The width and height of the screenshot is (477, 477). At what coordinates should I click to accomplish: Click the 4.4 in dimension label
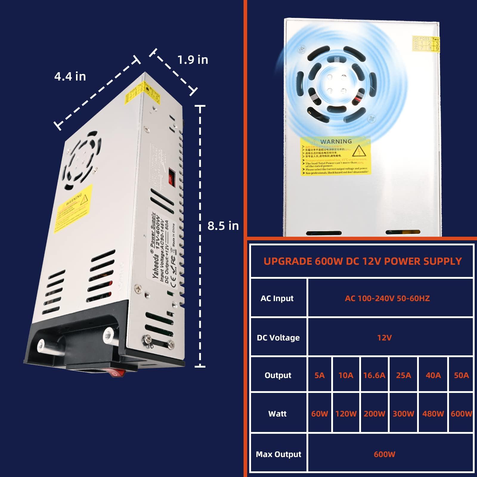pyautogui.click(x=70, y=77)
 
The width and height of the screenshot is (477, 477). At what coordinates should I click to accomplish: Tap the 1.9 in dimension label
pyautogui.click(x=193, y=60)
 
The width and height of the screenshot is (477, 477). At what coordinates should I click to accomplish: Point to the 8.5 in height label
pyautogui.click(x=223, y=226)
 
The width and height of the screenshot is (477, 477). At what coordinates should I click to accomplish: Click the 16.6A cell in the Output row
pyautogui.click(x=374, y=375)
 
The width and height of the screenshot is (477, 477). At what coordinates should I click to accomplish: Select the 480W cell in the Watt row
pyautogui.click(x=433, y=413)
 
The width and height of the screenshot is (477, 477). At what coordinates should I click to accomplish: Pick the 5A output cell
pyautogui.click(x=319, y=375)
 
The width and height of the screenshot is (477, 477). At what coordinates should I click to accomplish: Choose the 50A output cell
pyautogui.click(x=461, y=375)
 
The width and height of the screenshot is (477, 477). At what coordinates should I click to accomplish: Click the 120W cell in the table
pyautogui.click(x=346, y=413)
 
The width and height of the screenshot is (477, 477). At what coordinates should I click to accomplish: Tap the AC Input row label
pyautogui.click(x=277, y=298)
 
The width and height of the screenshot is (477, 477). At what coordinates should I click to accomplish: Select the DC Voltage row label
pyautogui.click(x=278, y=337)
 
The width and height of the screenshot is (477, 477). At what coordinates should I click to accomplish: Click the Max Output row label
pyautogui.click(x=278, y=454)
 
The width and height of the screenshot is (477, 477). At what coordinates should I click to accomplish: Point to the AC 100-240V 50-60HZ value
pyautogui.click(x=387, y=298)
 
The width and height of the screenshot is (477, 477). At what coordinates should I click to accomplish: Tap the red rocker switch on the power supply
pyautogui.click(x=117, y=372)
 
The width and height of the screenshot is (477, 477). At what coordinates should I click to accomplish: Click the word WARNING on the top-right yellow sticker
pyautogui.click(x=336, y=141)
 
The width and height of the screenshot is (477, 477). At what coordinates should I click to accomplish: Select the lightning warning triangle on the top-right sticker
pyautogui.click(x=359, y=151)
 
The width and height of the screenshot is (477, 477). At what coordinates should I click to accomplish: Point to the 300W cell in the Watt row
pyautogui.click(x=403, y=413)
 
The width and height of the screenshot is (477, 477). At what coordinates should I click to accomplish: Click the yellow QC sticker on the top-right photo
pyautogui.click(x=426, y=44)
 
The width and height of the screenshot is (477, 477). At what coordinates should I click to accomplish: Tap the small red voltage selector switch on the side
pyautogui.click(x=171, y=177)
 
